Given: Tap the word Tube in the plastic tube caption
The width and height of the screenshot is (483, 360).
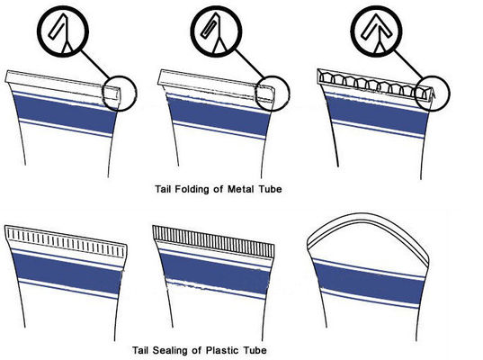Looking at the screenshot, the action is tap(255, 350).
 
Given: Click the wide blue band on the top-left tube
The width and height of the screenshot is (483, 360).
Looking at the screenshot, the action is tap(65, 114).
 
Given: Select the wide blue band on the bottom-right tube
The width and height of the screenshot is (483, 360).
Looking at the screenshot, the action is tap(369, 283).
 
